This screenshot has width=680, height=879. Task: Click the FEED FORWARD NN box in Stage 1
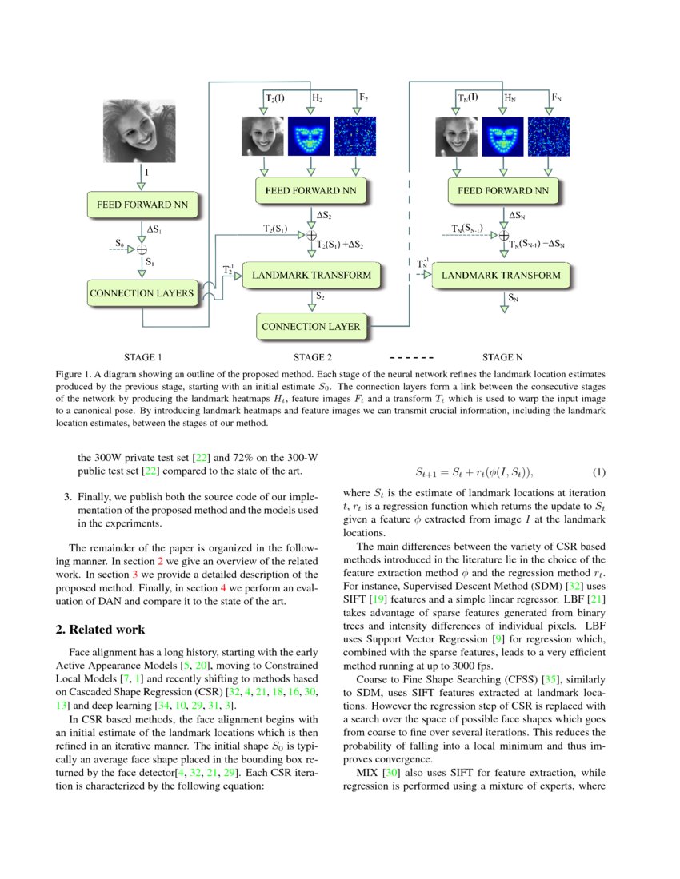pyautogui.click(x=142, y=205)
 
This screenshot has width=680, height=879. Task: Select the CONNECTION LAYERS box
pyautogui.click(x=142, y=292)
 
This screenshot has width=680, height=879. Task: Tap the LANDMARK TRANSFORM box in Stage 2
pyautogui.click(x=311, y=276)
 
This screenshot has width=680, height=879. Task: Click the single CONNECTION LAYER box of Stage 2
pyautogui.click(x=311, y=326)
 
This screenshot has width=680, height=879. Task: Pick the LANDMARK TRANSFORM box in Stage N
pyautogui.click(x=501, y=276)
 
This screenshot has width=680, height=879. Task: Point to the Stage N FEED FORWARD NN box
pyautogui.click(x=503, y=191)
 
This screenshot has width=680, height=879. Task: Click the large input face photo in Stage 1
pyautogui.click(x=139, y=129)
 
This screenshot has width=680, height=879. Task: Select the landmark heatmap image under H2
pyautogui.click(x=308, y=137)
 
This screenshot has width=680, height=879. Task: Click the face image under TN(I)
pyautogui.click(x=456, y=137)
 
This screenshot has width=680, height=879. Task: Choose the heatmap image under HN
pyautogui.click(x=502, y=137)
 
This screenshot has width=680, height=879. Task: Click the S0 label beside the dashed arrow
pyautogui.click(x=120, y=241)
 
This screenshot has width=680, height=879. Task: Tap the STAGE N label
pyautogui.click(x=502, y=357)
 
